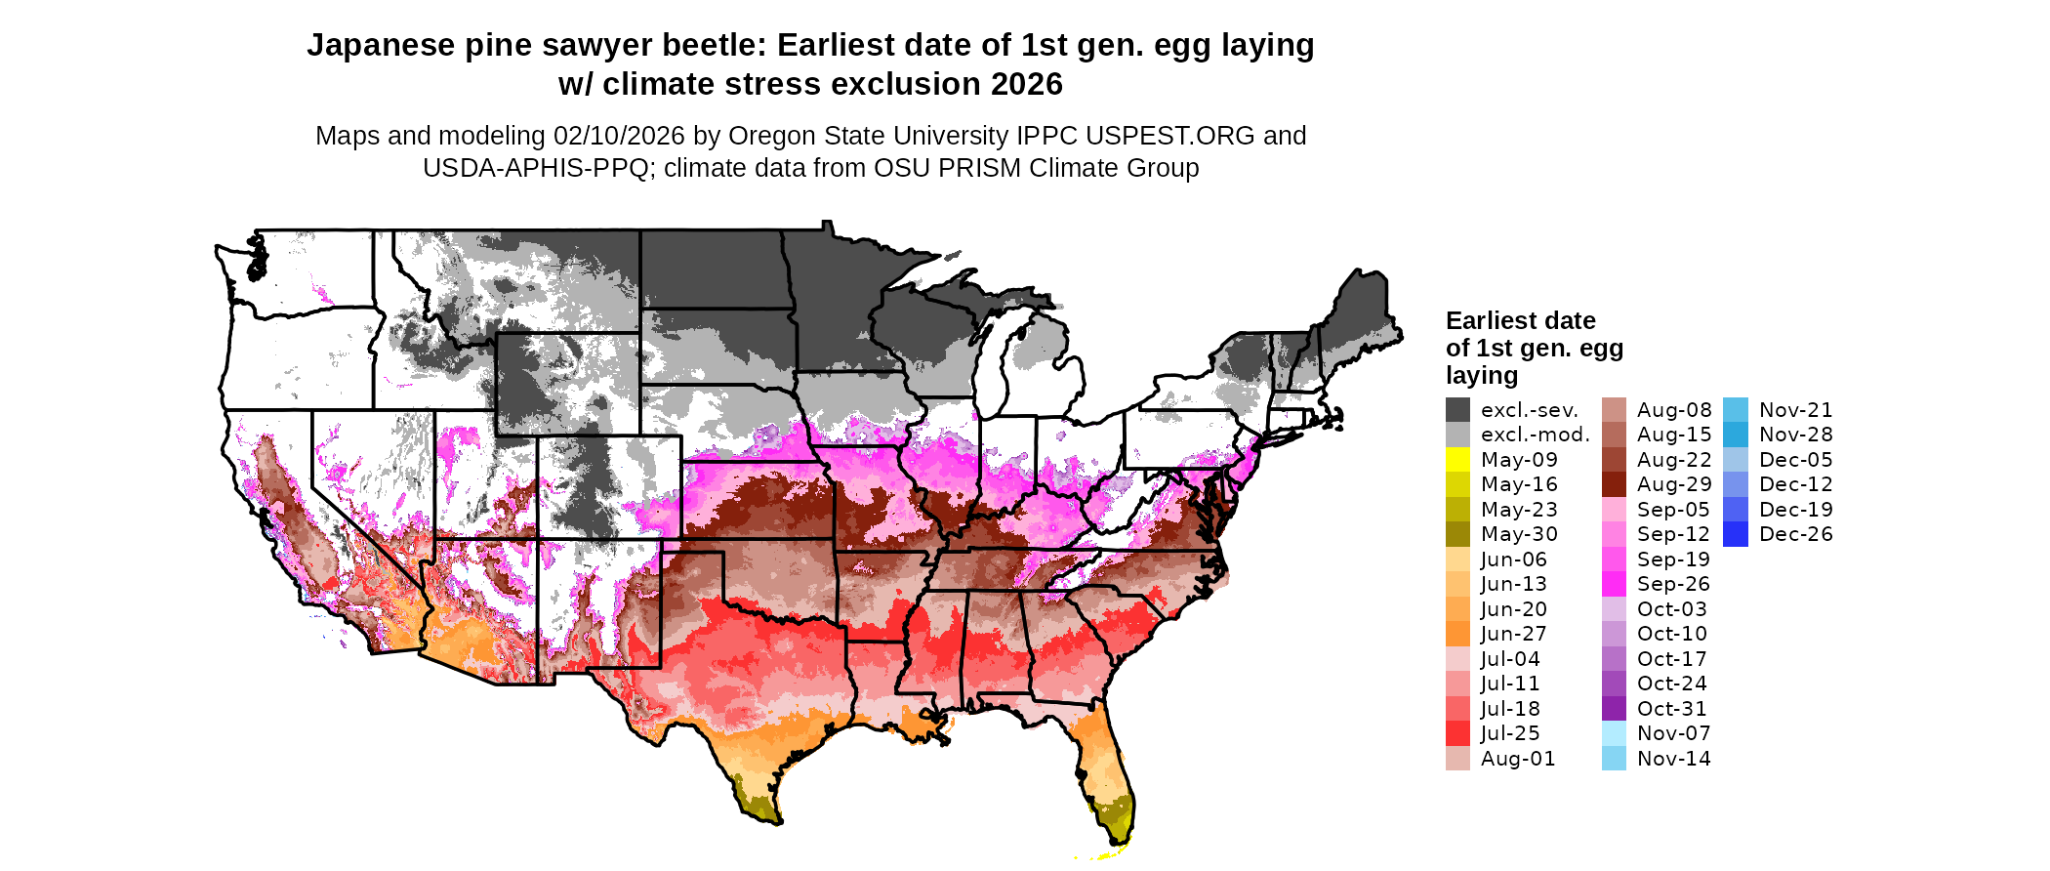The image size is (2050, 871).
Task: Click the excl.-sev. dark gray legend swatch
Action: pos(1457,410)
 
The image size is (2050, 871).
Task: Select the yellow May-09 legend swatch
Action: pos(1457,460)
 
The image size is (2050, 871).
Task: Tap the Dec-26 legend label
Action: pos(1795,534)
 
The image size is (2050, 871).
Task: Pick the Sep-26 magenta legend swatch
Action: pos(1614,584)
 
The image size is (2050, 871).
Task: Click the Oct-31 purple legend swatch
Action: pos(1614,709)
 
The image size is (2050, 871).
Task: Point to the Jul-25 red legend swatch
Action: pos(1457,733)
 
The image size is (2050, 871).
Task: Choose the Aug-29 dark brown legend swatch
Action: pos(1614,484)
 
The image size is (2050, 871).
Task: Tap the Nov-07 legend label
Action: pos(1673,733)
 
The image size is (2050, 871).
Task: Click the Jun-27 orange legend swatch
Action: pos(1457,634)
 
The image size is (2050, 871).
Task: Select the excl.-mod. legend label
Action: pos(1535,435)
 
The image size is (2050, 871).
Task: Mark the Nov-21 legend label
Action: pos(1795,410)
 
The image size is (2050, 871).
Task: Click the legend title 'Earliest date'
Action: pos(1520,321)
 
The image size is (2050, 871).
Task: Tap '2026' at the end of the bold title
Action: pos(1026,85)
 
